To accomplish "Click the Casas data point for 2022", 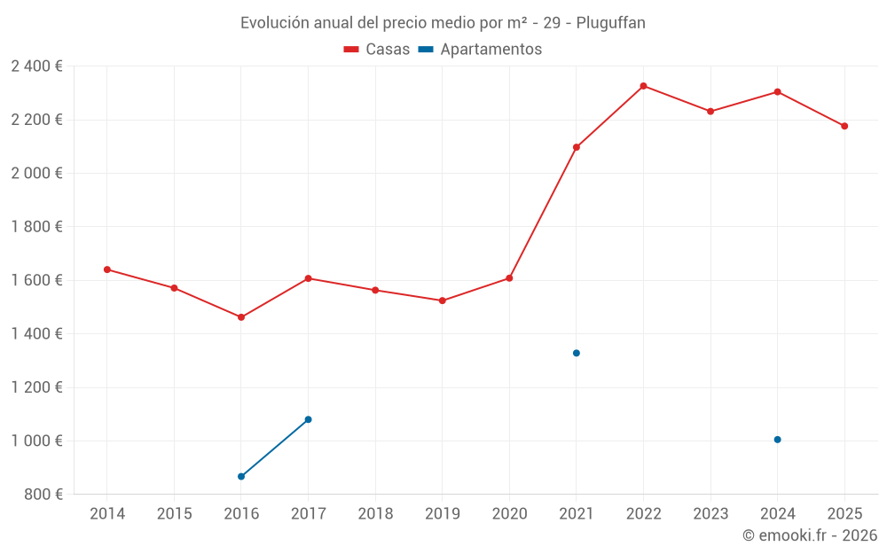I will tap(643, 86).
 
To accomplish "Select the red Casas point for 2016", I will tap(241, 317).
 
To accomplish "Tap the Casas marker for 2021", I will tap(577, 147).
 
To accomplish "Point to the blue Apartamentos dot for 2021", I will tap(577, 353).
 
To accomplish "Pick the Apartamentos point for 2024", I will tap(777, 440).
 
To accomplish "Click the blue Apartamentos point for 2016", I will tap(241, 477).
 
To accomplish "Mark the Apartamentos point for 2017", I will tap(308, 419).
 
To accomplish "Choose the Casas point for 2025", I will tap(844, 126).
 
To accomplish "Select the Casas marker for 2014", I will tap(107, 269).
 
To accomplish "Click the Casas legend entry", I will tap(377, 50).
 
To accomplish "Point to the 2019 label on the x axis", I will tap(443, 514).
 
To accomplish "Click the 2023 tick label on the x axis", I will tap(710, 514).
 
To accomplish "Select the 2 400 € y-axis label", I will tap(36, 66).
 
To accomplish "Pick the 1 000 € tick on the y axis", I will tap(36, 441).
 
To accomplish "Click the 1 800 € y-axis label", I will tap(36, 227).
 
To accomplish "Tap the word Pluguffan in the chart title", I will tap(611, 23).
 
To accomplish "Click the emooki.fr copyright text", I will tap(810, 535).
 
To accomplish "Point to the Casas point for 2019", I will tap(443, 300).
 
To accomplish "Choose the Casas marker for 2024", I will tap(777, 92).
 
